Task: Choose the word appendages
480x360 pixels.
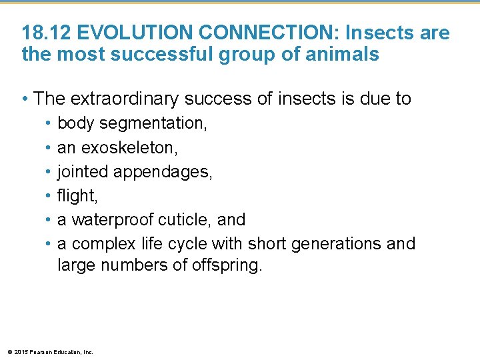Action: (163, 171)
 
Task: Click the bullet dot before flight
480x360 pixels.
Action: (49, 195)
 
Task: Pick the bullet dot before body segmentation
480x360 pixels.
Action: (49, 123)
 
